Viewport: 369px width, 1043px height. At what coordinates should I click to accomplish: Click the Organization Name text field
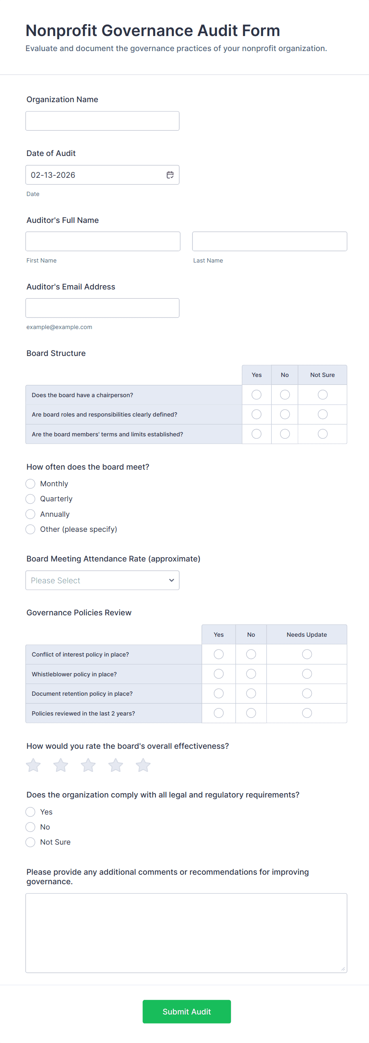[102, 121]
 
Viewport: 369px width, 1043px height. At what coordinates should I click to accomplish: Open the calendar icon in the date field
[170, 175]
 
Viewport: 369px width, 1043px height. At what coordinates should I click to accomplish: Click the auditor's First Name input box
[103, 241]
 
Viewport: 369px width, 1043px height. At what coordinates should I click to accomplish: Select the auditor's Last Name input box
[269, 241]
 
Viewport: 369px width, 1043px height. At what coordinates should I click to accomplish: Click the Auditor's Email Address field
[102, 308]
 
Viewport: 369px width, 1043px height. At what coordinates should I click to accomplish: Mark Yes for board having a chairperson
[256, 395]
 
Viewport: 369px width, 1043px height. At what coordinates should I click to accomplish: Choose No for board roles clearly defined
[284, 414]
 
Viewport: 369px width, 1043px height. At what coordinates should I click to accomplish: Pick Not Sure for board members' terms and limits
[322, 434]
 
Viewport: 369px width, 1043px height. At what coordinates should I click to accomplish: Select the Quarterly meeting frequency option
[31, 499]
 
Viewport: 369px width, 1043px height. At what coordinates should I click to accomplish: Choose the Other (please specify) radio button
[31, 529]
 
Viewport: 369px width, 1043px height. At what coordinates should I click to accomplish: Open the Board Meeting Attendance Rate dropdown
[102, 580]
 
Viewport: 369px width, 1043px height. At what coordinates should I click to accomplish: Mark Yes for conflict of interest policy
[219, 654]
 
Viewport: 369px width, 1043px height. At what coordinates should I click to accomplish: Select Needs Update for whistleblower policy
[307, 674]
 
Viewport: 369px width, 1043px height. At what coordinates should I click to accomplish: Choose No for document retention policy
[251, 694]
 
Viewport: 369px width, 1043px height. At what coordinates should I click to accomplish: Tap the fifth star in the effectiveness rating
[143, 765]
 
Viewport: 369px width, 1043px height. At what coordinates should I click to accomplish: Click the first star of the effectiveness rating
[33, 765]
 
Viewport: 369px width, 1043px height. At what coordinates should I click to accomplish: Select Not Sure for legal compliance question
[31, 842]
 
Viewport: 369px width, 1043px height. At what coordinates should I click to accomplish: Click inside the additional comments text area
[186, 933]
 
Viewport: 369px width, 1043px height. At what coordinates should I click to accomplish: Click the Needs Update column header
[307, 634]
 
